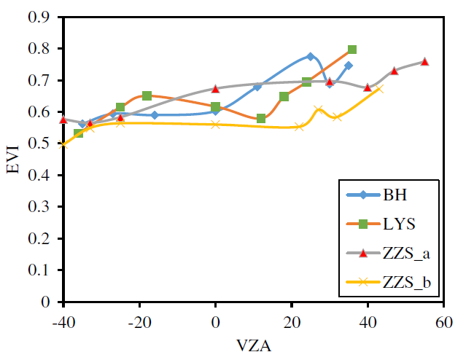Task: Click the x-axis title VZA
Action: click(x=254, y=346)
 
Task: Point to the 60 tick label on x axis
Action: click(x=444, y=321)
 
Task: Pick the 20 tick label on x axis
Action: click(x=292, y=321)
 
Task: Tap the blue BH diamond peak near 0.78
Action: click(x=311, y=56)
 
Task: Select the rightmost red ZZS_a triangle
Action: click(x=425, y=61)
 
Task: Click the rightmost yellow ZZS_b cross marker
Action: click(x=378, y=89)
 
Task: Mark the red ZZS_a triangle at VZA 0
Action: click(x=215, y=88)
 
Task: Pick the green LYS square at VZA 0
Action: click(x=215, y=107)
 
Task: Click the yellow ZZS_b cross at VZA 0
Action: click(x=215, y=125)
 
